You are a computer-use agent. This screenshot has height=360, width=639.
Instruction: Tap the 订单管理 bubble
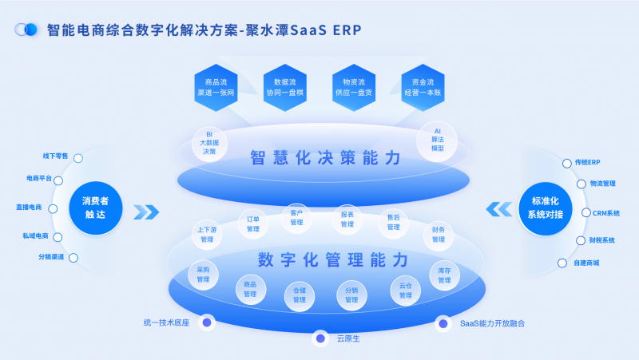tap(253, 224)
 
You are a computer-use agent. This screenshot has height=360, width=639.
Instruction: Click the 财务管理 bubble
tap(439, 234)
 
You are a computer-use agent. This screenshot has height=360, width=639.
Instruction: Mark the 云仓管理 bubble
tap(405, 291)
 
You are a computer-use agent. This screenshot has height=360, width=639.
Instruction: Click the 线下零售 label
tap(55, 156)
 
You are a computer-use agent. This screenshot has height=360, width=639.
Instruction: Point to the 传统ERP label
tap(586, 162)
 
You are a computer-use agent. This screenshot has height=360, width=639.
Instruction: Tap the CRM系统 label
tap(605, 213)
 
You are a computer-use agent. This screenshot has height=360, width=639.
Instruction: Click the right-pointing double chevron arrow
tap(147, 212)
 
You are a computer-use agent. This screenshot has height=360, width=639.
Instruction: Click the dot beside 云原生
tap(321, 338)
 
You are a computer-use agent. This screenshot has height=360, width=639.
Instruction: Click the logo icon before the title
tap(27, 30)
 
